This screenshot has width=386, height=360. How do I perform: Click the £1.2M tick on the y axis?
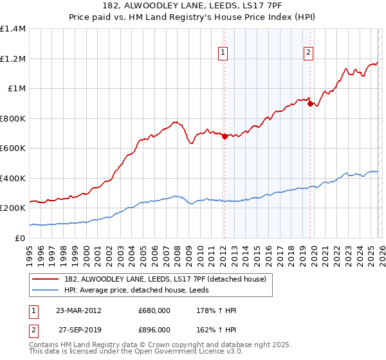(x=13, y=59)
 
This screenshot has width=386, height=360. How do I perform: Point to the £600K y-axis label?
(x=13, y=148)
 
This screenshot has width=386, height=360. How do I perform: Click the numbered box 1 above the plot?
(x=223, y=53)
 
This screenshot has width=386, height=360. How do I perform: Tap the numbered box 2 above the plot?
(x=309, y=53)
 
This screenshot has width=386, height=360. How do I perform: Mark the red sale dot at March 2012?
(x=224, y=136)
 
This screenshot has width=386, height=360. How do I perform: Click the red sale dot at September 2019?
(x=309, y=104)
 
